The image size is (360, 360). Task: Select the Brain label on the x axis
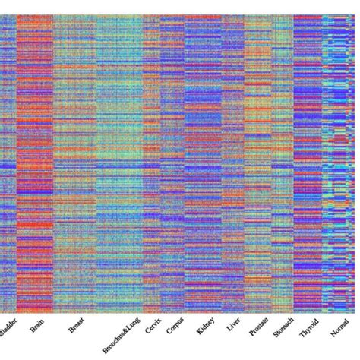(x=36, y=328)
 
